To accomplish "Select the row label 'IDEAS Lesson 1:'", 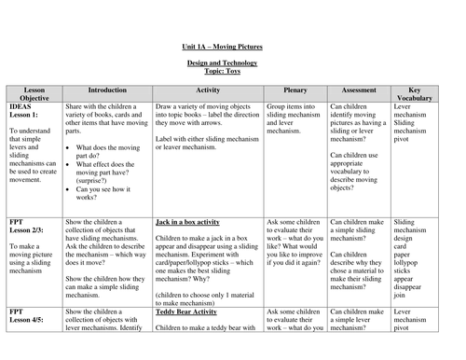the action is (x=25, y=111).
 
